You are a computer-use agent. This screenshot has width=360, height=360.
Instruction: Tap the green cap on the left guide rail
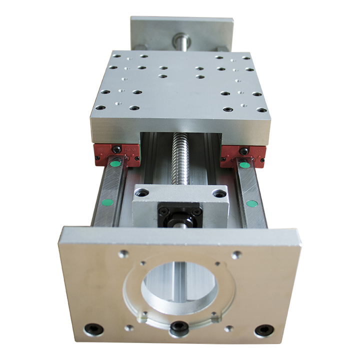click(106, 202)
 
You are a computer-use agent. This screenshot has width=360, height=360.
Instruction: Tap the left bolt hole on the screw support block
click(144, 191)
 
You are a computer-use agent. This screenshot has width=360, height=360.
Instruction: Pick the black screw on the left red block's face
click(116, 149)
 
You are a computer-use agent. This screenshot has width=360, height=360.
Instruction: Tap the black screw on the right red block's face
click(243, 149)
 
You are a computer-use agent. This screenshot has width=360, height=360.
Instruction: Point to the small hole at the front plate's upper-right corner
click(235, 255)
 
